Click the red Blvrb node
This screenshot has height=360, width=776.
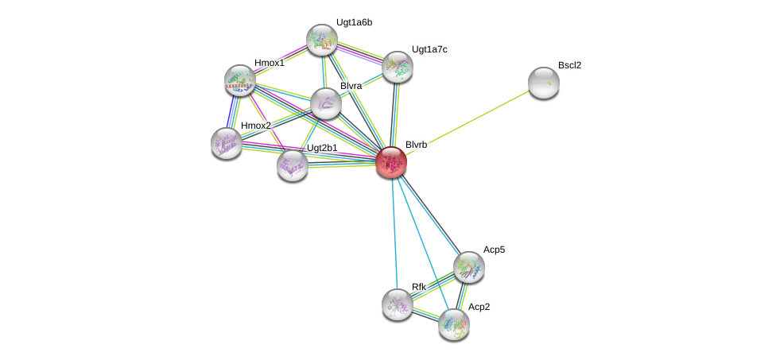pyautogui.click(x=391, y=162)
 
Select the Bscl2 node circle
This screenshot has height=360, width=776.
pyautogui.click(x=544, y=83)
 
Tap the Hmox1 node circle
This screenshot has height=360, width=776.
pyautogui.click(x=239, y=79)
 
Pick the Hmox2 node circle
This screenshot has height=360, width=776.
pyautogui.click(x=227, y=143)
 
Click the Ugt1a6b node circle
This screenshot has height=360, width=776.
pyautogui.click(x=322, y=40)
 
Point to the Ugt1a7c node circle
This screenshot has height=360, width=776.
pyautogui.click(x=398, y=67)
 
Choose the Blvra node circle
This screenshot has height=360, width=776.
pyautogui.click(x=326, y=103)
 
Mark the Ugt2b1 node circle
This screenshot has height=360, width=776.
pyautogui.click(x=293, y=165)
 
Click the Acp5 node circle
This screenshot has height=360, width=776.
pyautogui.click(x=469, y=267)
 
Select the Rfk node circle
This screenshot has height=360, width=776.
pyautogui.click(x=398, y=304)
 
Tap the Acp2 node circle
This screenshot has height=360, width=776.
pyautogui.click(x=454, y=323)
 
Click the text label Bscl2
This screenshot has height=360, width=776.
pyautogui.click(x=569, y=65)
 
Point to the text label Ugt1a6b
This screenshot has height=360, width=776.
pyautogui.click(x=354, y=22)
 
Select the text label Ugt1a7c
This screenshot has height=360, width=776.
pyautogui.click(x=429, y=49)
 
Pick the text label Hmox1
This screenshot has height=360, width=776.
pyautogui.click(x=269, y=63)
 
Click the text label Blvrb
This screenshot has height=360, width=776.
pyautogui.click(x=416, y=145)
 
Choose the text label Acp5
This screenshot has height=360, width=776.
pyautogui.click(x=494, y=250)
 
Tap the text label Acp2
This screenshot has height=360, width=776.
pyautogui.click(x=479, y=307)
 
